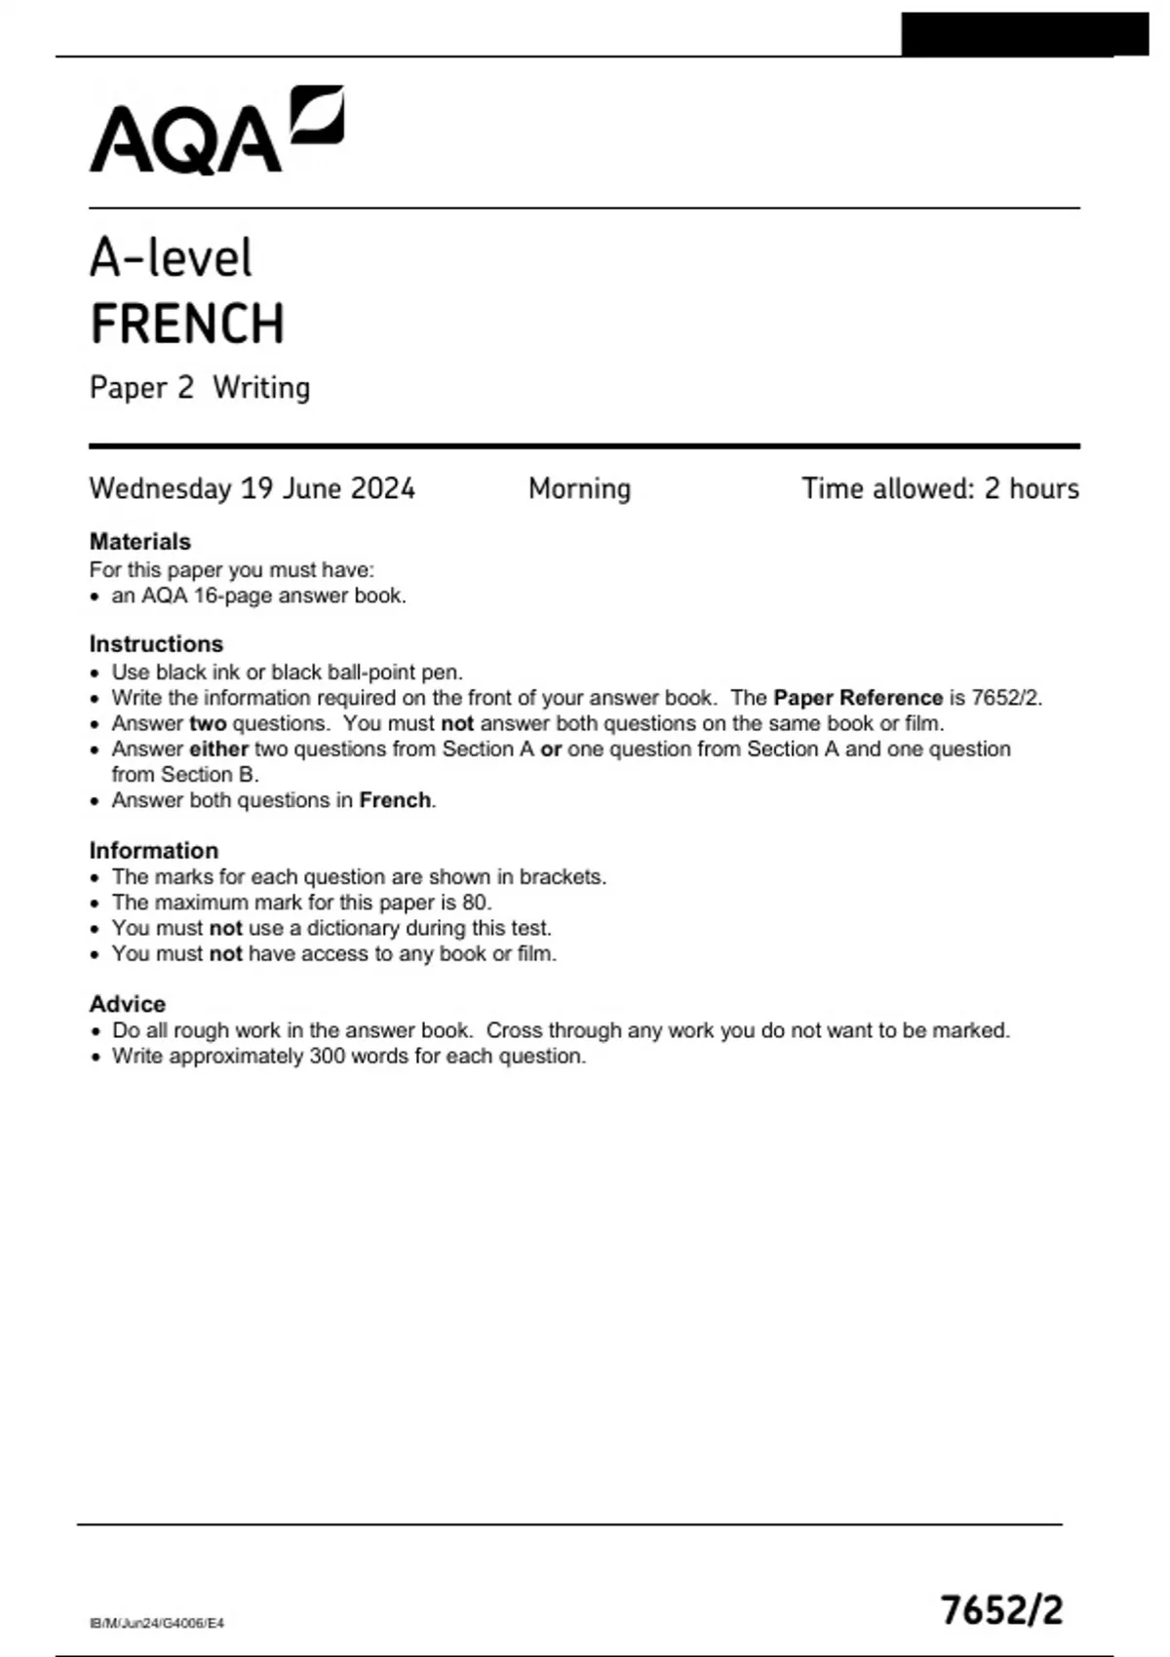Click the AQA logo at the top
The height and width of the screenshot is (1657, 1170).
pyautogui.click(x=216, y=132)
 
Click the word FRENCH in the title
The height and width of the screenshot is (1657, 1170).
pyautogui.click(x=187, y=325)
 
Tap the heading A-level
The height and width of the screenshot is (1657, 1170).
pyautogui.click(x=171, y=258)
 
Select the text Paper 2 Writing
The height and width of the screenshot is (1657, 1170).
pyautogui.click(x=200, y=388)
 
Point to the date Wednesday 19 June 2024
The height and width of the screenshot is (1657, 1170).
pyautogui.click(x=252, y=488)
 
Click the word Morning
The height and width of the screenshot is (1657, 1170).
pyautogui.click(x=579, y=488)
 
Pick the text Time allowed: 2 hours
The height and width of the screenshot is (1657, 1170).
pyautogui.click(x=940, y=488)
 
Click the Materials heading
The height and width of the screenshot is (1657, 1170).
pyautogui.click(x=140, y=542)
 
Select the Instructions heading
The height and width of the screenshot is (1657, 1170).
pyautogui.click(x=156, y=644)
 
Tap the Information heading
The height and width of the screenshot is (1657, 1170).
pyautogui.click(x=154, y=851)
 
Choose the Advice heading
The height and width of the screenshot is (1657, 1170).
pyautogui.click(x=128, y=1004)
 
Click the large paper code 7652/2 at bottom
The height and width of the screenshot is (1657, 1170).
pyautogui.click(x=1001, y=1610)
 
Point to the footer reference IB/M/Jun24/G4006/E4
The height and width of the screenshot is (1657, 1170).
pyautogui.click(x=157, y=1623)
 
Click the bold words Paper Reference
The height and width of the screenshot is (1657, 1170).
pyautogui.click(x=857, y=698)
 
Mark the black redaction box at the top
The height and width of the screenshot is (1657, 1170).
pyautogui.click(x=1024, y=34)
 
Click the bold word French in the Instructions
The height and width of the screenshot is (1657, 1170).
pyautogui.click(x=395, y=800)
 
